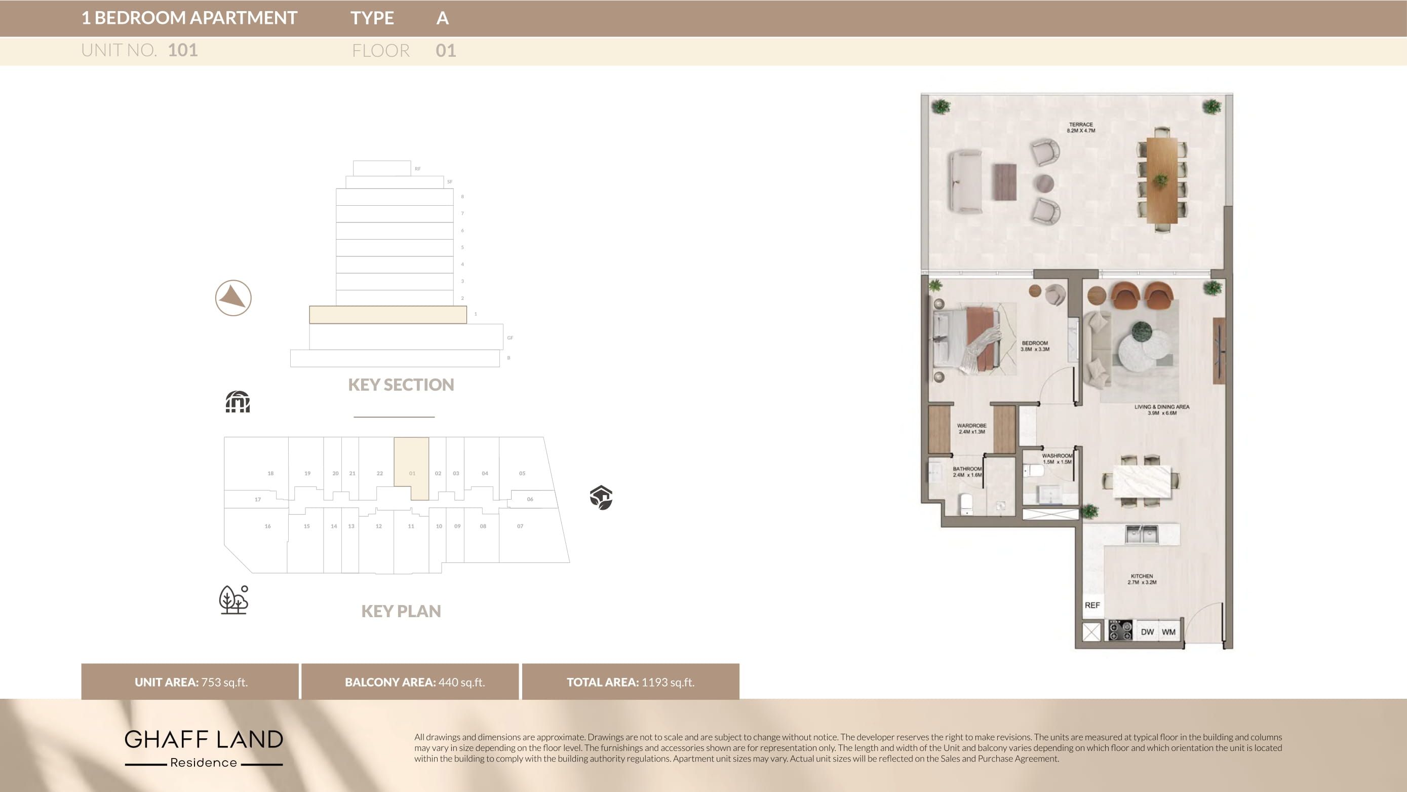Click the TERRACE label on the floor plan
coord(1080,127)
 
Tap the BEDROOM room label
coord(1035,346)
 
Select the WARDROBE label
coord(971,429)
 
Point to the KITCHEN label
coord(1142,579)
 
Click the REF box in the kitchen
coord(1092,605)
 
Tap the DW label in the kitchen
coord(1147,632)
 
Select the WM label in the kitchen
coord(1168,632)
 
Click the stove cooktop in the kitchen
coord(1120,631)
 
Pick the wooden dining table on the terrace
coord(1161,180)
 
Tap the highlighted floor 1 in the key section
coord(388,314)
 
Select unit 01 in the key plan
coord(412,468)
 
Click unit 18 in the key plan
coord(270,473)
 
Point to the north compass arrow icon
coord(233,298)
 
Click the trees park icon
coord(234,599)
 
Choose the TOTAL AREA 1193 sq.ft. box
coord(630,682)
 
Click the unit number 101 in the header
coord(182,50)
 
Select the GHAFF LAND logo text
coord(204,739)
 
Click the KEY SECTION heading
coord(401,385)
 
